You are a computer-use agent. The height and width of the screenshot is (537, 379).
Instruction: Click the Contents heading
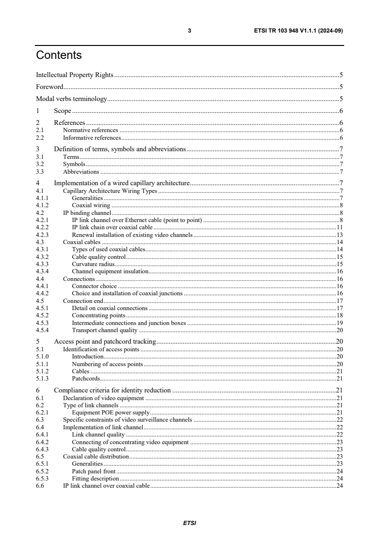(59, 56)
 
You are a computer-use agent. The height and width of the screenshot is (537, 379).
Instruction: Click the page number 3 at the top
(189, 31)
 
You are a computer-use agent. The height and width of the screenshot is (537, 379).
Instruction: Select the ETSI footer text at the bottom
(189, 523)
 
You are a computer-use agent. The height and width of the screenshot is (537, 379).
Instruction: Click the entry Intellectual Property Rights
(75, 75)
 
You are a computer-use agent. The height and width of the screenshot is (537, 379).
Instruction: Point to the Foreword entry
(50, 87)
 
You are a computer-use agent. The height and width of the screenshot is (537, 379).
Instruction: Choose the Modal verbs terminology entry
(71, 100)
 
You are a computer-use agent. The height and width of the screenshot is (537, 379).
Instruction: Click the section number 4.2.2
(43, 227)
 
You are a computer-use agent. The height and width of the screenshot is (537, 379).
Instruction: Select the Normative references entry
(90, 130)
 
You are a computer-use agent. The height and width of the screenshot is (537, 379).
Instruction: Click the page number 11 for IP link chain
(340, 227)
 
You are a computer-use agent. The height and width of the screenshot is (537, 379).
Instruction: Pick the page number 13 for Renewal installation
(340, 235)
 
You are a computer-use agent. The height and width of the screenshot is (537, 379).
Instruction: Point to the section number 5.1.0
(43, 357)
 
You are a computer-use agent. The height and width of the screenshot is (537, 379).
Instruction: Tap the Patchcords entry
(86, 379)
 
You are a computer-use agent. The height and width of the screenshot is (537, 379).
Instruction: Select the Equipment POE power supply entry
(111, 412)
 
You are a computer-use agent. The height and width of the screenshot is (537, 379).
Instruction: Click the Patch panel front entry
(95, 470)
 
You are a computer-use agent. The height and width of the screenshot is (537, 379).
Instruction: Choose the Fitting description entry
(95, 478)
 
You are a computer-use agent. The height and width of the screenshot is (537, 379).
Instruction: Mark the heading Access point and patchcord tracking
(105, 342)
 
